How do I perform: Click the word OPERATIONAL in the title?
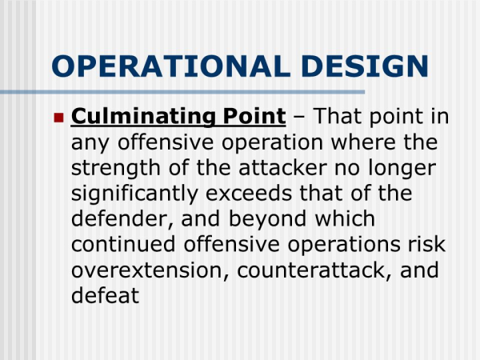point(171,66)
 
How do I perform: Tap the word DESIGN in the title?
point(365,66)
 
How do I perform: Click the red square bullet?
point(58,118)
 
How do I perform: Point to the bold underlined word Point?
point(254,116)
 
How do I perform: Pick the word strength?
point(116,169)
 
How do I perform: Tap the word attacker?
point(282,168)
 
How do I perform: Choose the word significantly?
point(134,194)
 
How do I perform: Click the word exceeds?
point(249,194)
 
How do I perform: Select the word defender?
point(122,219)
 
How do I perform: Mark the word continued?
point(123,244)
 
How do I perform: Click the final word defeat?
point(106,295)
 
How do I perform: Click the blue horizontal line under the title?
point(182,92)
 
